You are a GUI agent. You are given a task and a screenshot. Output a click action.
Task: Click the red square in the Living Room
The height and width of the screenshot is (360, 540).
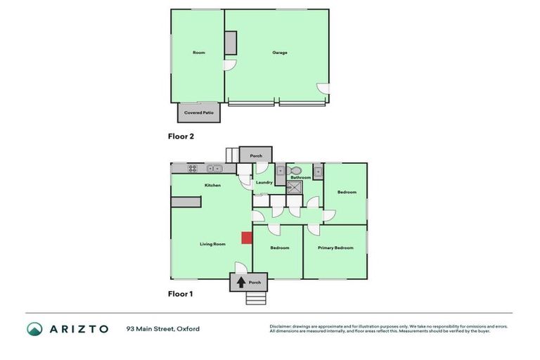point(246,238)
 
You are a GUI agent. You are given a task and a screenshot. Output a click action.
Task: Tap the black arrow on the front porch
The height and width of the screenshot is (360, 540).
point(241,283)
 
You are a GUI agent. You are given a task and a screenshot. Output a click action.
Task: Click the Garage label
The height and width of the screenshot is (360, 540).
point(280,53)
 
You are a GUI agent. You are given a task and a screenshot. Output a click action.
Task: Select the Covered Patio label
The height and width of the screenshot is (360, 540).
point(198,112)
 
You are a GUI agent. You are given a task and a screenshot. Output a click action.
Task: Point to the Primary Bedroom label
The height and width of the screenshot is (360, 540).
point(335,248)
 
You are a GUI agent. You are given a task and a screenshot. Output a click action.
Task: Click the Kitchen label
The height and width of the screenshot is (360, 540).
point(212,185)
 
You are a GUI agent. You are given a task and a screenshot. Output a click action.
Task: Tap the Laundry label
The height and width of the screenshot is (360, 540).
point(264,183)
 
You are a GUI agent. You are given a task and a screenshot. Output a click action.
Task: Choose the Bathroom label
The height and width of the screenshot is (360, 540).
point(301,177)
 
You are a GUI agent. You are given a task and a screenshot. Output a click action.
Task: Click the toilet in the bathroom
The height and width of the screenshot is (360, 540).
point(296,170)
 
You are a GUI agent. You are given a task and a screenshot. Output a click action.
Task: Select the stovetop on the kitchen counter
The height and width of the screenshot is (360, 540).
point(193,168)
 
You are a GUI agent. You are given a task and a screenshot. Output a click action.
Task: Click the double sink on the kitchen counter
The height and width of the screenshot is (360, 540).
point(215,168)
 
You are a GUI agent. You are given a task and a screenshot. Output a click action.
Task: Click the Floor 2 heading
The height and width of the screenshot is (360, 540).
point(181,136)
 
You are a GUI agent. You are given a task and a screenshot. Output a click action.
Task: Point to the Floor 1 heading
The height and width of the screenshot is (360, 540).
point(180,294)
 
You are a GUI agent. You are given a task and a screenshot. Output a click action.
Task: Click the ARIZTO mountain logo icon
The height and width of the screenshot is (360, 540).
point(34,328)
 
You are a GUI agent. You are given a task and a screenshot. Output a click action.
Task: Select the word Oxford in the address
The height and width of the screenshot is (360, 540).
point(188,328)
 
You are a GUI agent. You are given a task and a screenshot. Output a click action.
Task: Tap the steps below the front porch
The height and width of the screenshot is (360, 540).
point(255,298)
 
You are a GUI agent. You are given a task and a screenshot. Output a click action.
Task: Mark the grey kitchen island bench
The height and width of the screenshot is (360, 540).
point(186,202)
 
